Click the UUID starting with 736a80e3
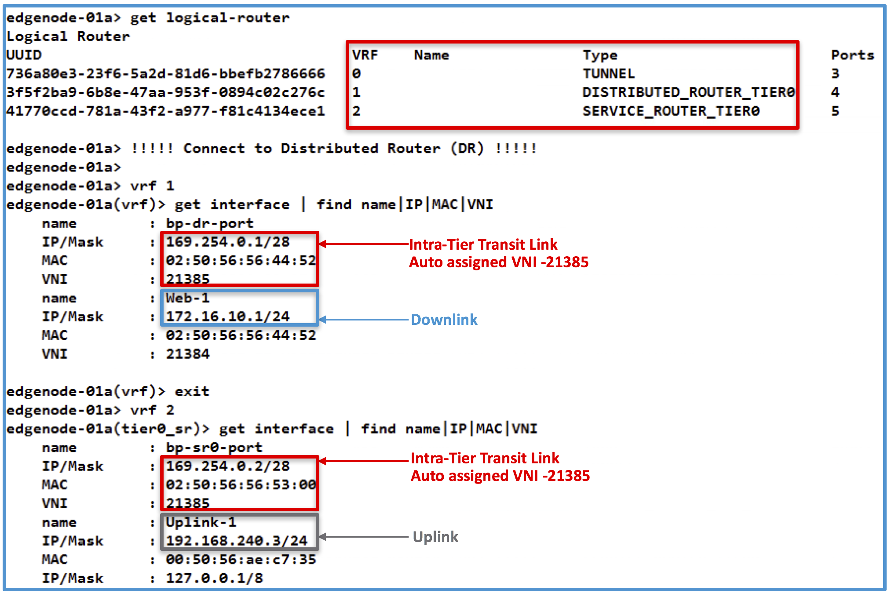[x=165, y=73]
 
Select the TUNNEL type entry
[x=609, y=73]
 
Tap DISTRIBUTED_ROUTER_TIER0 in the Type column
[x=688, y=92]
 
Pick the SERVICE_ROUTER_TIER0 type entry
[x=671, y=111]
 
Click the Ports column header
[x=852, y=55]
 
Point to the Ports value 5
[x=835, y=111]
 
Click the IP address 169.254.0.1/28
[x=227, y=242]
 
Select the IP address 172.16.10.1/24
[x=227, y=317]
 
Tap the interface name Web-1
[x=187, y=298]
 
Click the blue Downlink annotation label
[x=444, y=320]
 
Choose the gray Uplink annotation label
[x=435, y=537]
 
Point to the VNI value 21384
[x=188, y=354]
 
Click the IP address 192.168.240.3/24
[x=236, y=541]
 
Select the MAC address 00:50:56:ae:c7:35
[x=241, y=560]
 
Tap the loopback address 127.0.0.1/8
[x=214, y=578]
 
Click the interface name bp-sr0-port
[x=214, y=448]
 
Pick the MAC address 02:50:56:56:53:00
[x=241, y=485]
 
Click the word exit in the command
[x=192, y=391]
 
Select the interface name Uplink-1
[x=201, y=522]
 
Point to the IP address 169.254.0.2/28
[x=227, y=466]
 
